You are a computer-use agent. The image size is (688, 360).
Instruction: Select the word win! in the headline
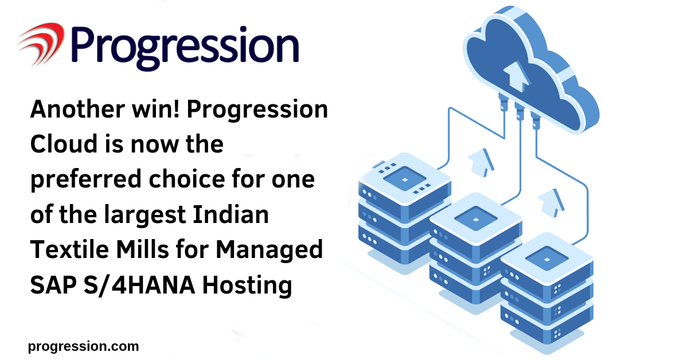tap(156, 109)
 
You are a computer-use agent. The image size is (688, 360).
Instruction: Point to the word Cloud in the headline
tap(64, 144)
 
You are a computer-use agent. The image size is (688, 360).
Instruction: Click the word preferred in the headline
tap(86, 180)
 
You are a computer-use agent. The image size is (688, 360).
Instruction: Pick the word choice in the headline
tap(187, 179)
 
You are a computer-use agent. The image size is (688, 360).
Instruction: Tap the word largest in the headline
tap(144, 215)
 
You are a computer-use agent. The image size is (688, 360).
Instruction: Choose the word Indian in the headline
tap(231, 214)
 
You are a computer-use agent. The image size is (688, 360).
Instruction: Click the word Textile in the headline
tap(69, 249)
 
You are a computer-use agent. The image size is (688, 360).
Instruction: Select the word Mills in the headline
tap(143, 249)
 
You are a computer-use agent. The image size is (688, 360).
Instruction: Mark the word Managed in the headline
tap(269, 250)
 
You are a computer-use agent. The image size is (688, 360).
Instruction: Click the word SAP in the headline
tap(53, 285)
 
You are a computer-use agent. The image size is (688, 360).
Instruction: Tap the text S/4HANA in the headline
tap(139, 285)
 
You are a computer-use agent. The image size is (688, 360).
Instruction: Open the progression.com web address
tap(83, 346)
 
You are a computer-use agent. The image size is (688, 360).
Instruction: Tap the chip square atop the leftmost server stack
tap(405, 179)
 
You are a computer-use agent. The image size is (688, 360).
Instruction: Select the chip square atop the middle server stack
tap(476, 219)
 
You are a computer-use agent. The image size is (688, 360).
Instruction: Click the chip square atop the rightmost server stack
tap(547, 259)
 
